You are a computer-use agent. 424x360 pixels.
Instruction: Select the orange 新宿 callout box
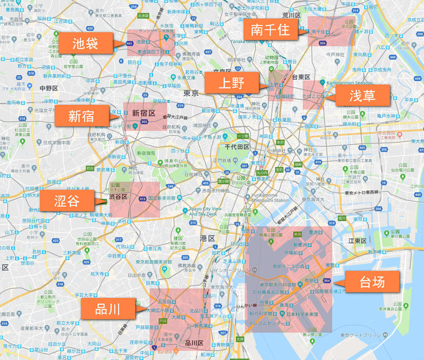pos(81,115)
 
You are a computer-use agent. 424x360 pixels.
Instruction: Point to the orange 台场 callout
pos(372,281)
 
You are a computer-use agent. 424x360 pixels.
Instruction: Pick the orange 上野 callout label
pos(231,82)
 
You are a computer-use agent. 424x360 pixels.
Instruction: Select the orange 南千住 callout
pos(269,29)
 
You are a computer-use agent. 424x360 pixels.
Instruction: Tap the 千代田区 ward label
pos(237,147)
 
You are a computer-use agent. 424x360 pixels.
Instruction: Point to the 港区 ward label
pos(207,238)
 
